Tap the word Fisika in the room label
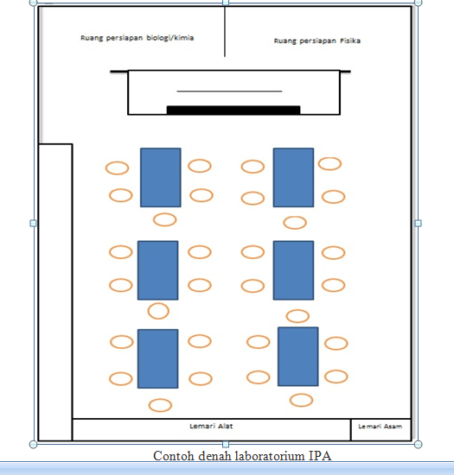coord(350,41)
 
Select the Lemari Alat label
coord(211,426)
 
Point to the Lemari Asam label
coord(380,427)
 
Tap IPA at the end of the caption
coord(320,456)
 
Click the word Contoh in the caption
coord(174,456)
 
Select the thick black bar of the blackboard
coord(233,110)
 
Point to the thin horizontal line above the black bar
coord(229,91)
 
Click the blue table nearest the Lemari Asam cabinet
coord(297,357)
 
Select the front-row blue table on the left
coord(161,178)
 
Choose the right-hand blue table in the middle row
coord(293,270)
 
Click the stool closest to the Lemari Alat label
coord(160,405)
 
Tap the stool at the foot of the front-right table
coord(295,223)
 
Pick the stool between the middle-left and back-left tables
coord(158,311)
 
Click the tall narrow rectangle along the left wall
coord(55,292)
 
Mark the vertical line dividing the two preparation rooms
coord(225,31)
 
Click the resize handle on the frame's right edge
coord(418,224)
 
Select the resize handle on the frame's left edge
coord(34,224)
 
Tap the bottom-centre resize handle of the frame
coord(226,445)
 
